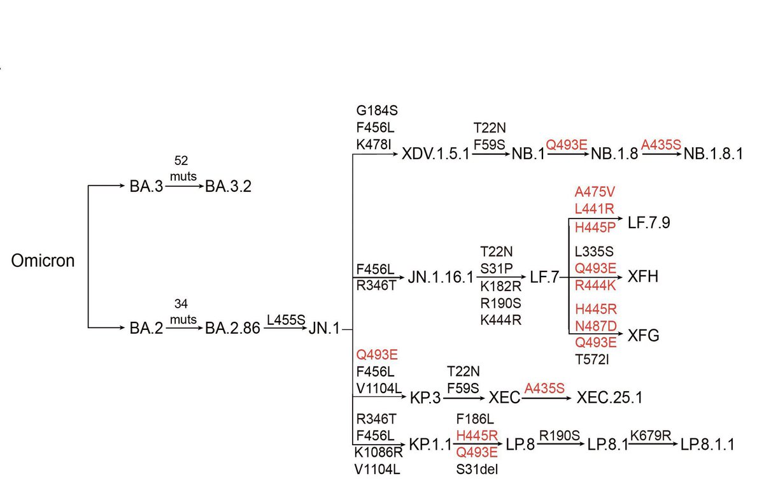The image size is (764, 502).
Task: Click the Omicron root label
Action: point(43,261)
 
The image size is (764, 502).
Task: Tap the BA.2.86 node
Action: point(232,329)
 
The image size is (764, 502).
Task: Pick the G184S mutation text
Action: point(377,111)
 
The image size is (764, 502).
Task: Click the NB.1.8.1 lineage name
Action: point(713,155)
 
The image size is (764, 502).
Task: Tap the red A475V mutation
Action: point(595,192)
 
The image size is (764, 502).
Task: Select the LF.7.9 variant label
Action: point(649,223)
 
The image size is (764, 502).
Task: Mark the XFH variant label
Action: point(642,277)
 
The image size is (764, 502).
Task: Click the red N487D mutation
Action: point(595,326)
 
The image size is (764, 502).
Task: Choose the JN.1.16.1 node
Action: point(441,278)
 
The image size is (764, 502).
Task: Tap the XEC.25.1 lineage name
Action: point(609,398)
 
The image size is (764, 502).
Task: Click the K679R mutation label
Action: point(651,436)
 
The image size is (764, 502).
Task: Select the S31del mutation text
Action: point(478,470)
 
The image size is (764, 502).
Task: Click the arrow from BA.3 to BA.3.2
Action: point(185,187)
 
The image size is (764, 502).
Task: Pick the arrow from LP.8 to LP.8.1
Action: point(560,444)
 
